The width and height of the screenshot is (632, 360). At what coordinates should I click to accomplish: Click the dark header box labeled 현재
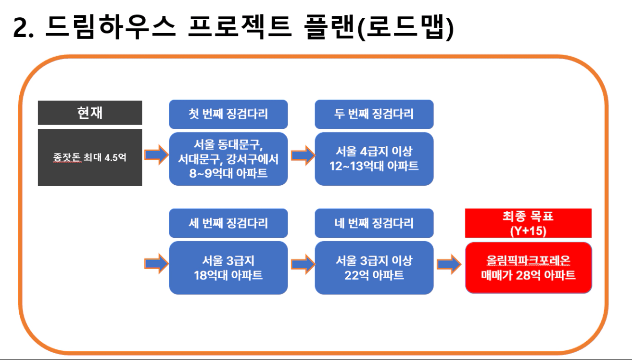(90, 113)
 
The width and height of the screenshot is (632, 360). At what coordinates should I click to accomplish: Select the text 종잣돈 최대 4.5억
(90, 157)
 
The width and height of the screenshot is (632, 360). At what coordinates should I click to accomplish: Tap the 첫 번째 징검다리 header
(228, 114)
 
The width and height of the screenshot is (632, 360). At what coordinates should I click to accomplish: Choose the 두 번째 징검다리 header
(374, 114)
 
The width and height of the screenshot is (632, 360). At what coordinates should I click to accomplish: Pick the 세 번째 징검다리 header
(228, 223)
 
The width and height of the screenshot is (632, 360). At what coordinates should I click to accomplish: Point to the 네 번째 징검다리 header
(374, 223)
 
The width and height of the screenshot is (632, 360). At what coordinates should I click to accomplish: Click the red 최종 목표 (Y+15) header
(528, 223)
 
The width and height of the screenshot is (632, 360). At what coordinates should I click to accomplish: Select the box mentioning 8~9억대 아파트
(228, 159)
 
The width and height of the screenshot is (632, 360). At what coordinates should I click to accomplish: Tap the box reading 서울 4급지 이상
(374, 159)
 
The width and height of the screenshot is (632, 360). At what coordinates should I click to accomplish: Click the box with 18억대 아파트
(228, 268)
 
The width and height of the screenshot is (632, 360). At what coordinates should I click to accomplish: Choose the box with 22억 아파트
(374, 268)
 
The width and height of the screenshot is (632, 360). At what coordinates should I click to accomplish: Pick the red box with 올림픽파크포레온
(528, 268)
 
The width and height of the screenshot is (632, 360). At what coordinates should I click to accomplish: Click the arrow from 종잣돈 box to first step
(157, 154)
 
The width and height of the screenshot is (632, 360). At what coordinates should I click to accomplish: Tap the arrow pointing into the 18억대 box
(157, 264)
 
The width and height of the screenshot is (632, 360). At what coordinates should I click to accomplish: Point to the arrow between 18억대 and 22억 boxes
(303, 264)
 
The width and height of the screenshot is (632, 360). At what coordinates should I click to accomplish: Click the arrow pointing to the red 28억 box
(449, 264)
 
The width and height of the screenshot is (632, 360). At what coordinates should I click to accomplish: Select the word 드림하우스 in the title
(110, 26)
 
